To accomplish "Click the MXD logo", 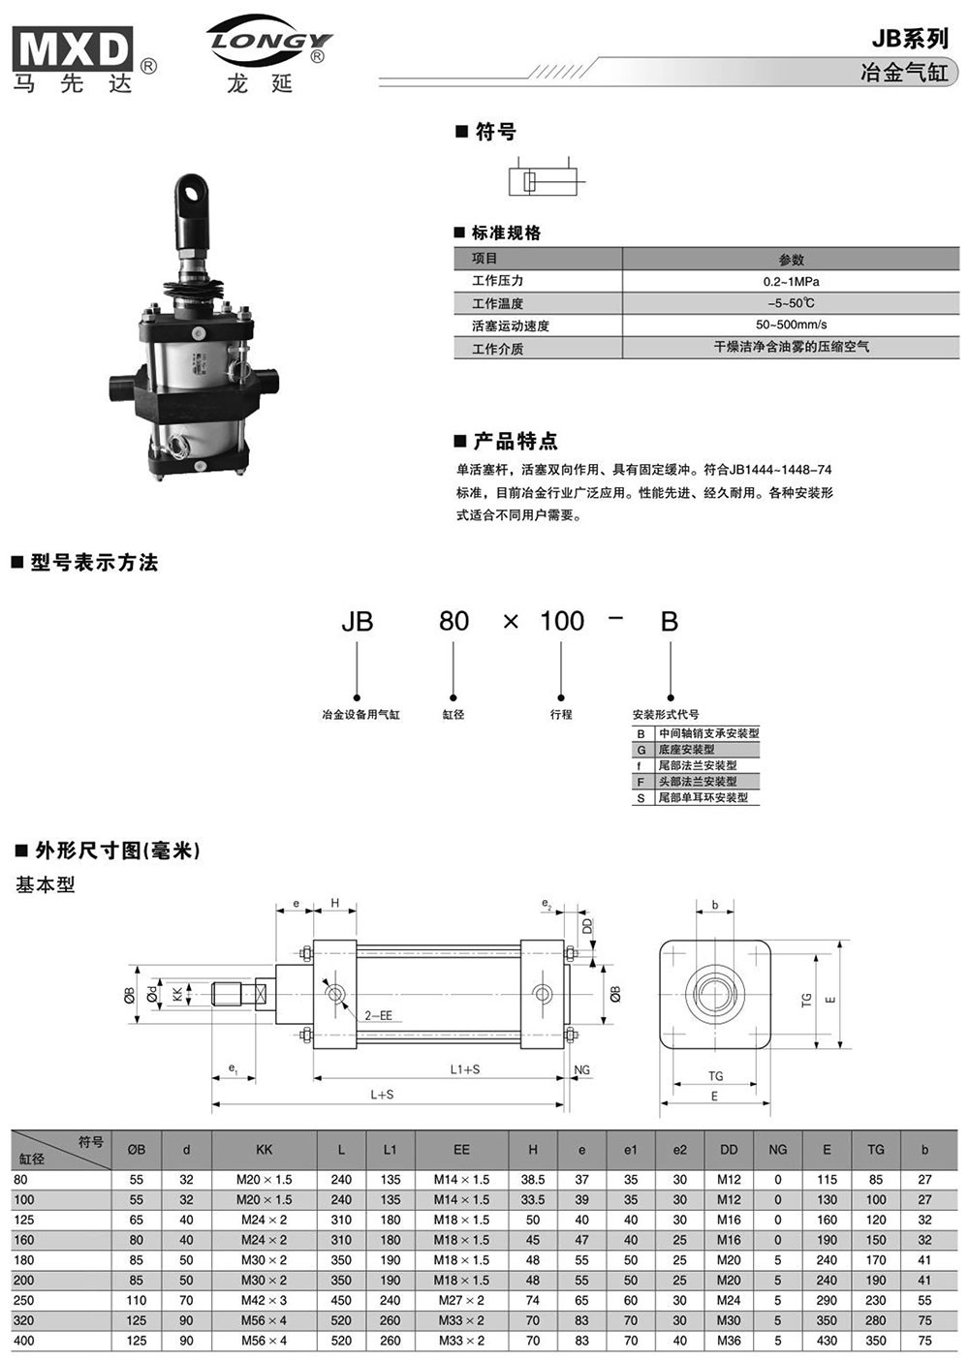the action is pos(73,48).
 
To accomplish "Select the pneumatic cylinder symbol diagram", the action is pos(547,177).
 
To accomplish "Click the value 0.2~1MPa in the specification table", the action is pos(791,281).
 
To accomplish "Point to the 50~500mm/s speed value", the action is pos(791,325).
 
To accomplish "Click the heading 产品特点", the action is pos(516,441).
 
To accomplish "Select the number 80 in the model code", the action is pos(453,621).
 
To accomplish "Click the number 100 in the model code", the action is pos(562,621).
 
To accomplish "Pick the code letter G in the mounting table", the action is pos(641,750).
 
